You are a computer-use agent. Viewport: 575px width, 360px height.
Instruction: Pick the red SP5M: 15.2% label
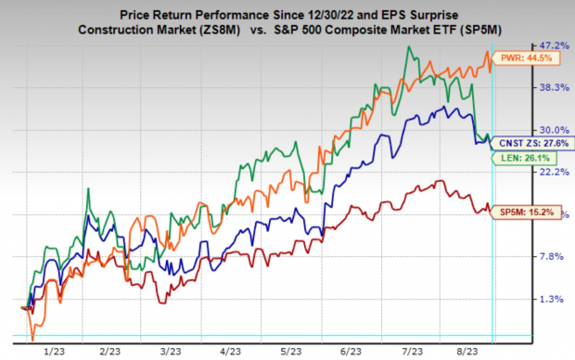click(526, 212)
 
